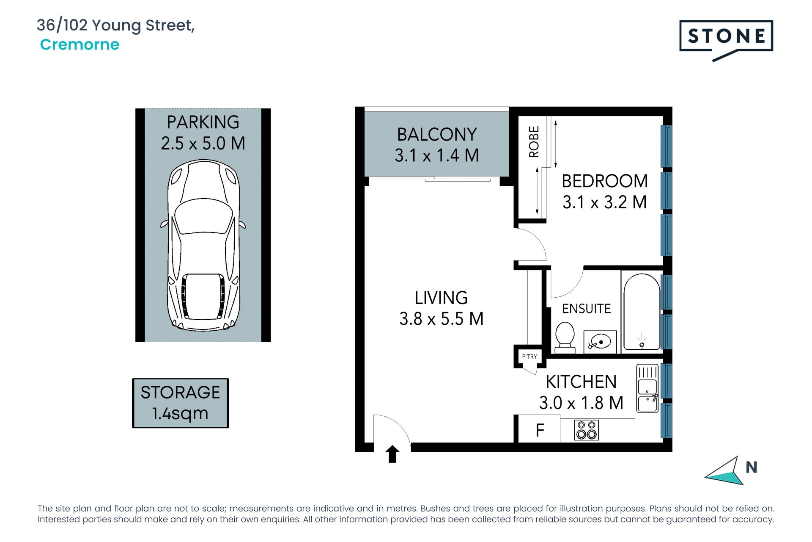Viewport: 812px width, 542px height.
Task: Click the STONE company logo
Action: click(726, 40)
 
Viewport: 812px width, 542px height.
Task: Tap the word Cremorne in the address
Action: click(80, 44)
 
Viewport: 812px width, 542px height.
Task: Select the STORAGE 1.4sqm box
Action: click(181, 403)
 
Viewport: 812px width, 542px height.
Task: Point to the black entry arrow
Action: click(392, 454)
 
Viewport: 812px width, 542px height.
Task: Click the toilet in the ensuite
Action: click(565, 337)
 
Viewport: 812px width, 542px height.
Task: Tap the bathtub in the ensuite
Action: click(642, 312)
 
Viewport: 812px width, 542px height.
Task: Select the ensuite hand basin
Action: click(600, 342)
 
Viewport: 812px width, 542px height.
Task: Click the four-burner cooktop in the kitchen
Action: click(587, 430)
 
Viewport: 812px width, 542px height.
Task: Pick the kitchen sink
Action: click(647, 389)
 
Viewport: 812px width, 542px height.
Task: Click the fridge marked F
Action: click(540, 430)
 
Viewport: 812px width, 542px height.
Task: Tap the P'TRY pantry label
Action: click(529, 357)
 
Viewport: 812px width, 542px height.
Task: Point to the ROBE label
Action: click(534, 142)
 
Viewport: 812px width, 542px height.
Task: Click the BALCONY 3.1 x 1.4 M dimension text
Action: click(437, 155)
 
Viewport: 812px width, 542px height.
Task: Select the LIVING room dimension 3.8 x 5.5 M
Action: click(442, 319)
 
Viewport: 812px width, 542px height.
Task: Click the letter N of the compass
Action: click(752, 467)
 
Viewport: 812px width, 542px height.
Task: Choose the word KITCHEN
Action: click(581, 382)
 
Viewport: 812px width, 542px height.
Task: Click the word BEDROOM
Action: click(605, 181)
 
